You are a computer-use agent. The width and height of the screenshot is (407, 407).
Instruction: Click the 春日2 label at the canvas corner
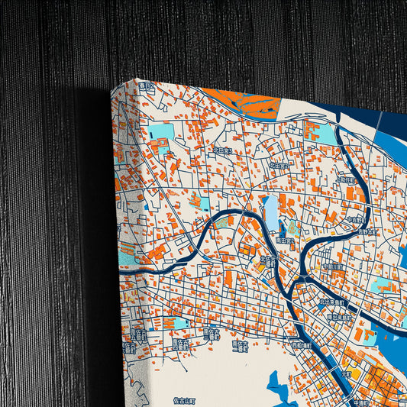coord(147,87)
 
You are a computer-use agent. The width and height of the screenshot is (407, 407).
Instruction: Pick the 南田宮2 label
coord(285,241)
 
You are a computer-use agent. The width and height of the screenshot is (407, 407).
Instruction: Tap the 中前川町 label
coord(334,266)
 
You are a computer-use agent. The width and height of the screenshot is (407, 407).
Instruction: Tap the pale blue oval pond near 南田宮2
coord(271,212)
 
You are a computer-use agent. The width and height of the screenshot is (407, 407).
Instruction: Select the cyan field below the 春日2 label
coord(162,131)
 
